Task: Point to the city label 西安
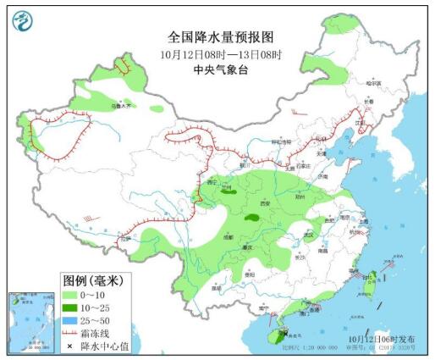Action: pos(264,204)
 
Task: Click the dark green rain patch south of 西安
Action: pos(252,218)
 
